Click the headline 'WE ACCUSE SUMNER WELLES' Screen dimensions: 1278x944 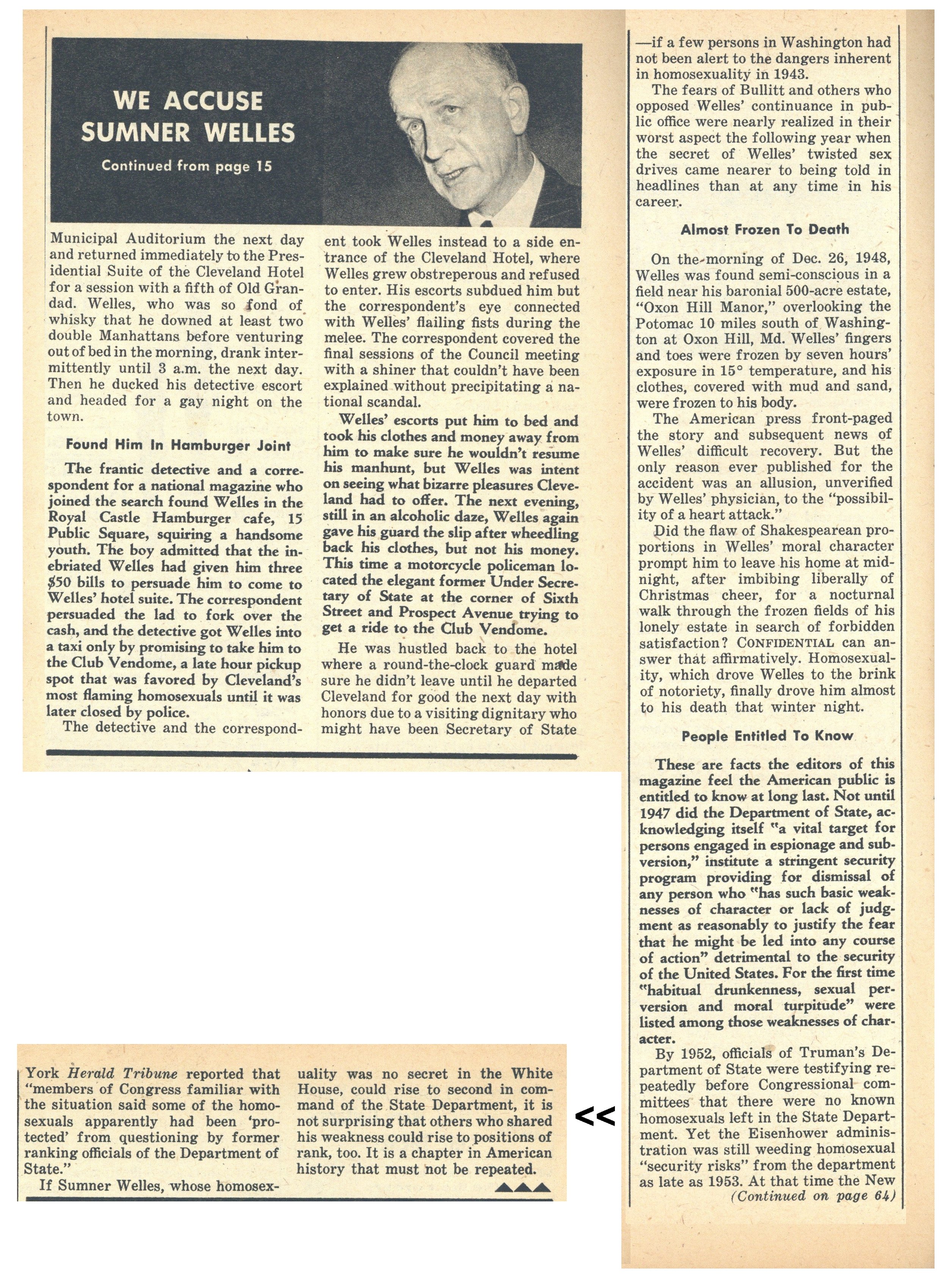[x=188, y=116]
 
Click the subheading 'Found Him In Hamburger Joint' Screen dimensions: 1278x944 [x=178, y=445]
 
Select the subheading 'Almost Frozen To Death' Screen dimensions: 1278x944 [x=765, y=230]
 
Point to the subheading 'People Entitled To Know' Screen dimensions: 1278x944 [x=767, y=736]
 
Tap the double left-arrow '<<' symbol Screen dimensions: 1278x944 [x=595, y=1116]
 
